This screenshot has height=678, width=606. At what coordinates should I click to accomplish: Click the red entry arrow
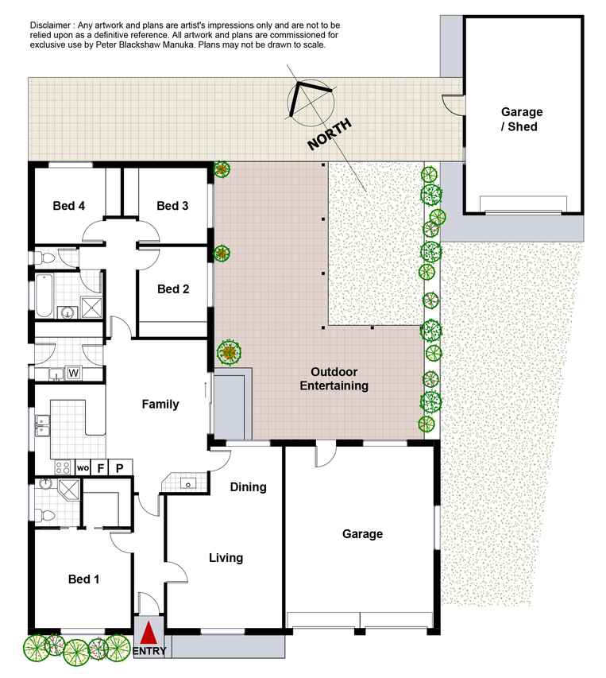coord(149,633)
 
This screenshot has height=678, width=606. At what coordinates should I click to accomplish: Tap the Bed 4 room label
coord(68,206)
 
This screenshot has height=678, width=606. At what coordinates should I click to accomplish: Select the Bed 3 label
coord(172,206)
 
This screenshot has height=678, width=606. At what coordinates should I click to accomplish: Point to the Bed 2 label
coord(173,289)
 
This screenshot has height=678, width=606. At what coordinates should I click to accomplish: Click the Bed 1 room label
coord(84,579)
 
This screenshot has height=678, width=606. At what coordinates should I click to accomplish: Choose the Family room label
coord(160,405)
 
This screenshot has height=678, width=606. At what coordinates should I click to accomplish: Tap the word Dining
coord(248,487)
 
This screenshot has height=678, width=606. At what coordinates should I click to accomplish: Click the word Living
coord(226,558)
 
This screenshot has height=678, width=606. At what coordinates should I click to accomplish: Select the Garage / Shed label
coord(521,119)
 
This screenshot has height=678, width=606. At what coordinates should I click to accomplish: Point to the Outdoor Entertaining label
coord(334,379)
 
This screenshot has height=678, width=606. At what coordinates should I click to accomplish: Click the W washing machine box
coord(73,373)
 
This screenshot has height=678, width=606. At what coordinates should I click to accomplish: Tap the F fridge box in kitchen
coord(100,468)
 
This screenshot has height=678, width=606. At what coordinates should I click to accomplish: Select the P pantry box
coord(120,468)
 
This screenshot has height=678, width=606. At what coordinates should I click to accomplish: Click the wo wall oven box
coord(83,468)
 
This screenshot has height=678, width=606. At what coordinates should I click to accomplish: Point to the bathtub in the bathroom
coord(44,296)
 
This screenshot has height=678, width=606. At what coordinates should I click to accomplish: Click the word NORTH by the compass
coord(329,134)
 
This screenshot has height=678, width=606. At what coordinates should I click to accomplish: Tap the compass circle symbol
coord(311,103)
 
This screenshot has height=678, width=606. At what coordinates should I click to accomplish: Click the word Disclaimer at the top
coord(50,25)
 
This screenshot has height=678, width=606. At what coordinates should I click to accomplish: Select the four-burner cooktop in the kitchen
coord(62,467)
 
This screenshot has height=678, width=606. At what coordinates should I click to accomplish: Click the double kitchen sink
coord(42,425)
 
